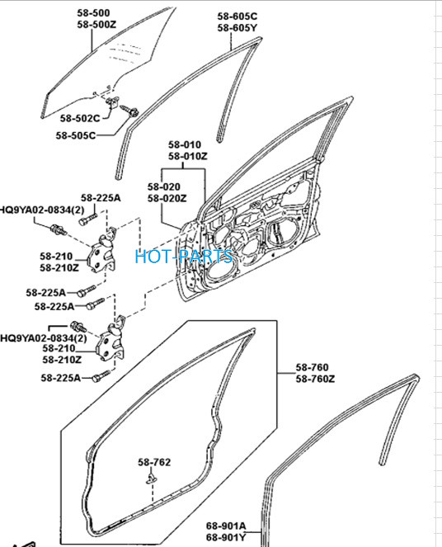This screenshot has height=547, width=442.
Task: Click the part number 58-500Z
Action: point(96,25)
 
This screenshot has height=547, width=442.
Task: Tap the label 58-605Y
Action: point(237,28)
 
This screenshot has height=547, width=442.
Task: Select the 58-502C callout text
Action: point(80,118)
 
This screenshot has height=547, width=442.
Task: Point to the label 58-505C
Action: point(76,135)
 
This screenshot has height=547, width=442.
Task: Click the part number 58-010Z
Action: point(188,156)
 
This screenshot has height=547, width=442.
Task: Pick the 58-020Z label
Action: point(167,199)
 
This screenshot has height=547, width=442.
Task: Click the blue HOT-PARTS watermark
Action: point(184,257)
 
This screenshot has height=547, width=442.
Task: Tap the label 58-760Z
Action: point(315,379)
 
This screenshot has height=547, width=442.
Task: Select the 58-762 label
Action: point(154,462)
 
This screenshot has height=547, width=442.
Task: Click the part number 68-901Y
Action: point(226,537)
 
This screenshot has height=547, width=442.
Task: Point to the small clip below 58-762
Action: point(151,479)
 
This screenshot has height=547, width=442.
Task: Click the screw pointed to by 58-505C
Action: point(129,111)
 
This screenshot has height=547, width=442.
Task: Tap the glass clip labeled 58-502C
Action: point(113,102)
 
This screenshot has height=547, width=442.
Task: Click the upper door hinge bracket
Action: point(103,251)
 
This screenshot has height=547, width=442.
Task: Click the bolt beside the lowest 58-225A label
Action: point(101,376)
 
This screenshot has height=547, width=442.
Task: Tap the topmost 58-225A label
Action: point(101,198)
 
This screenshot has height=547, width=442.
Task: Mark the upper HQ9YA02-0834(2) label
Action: point(42,210)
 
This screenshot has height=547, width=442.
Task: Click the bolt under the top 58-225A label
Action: point(88,219)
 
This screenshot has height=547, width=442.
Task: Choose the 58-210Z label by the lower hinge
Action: point(62,360)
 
